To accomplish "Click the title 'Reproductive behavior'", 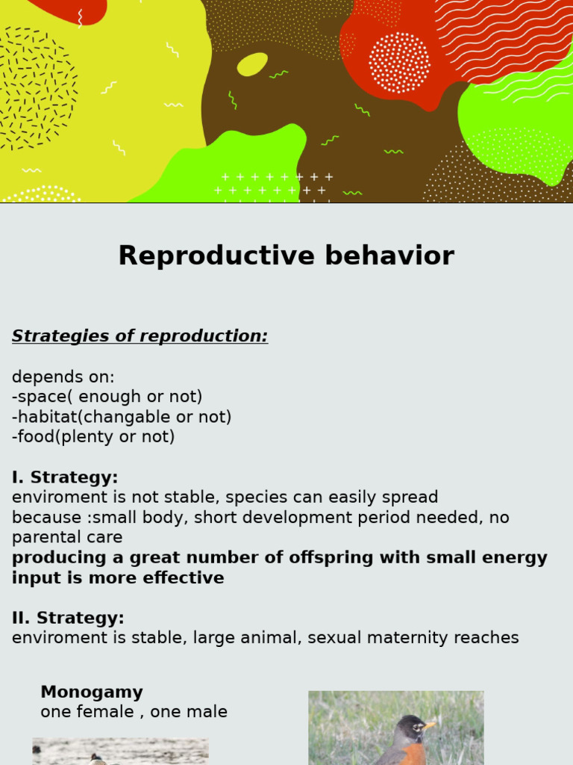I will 286,256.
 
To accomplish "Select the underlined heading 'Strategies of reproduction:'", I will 140,336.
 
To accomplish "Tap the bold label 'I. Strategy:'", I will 65,477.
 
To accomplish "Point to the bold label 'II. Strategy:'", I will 68,618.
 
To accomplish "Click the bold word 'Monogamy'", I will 92,692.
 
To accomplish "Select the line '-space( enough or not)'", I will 107,397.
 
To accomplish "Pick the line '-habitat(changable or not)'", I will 122,417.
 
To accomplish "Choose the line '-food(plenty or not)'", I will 93,437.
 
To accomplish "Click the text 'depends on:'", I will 63,377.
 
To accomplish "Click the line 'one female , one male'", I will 134,712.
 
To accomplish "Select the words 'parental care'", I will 67,538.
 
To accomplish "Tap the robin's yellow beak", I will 429,725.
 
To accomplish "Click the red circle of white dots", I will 399,62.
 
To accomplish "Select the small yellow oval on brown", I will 252,64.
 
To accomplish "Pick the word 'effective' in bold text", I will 187,578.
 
